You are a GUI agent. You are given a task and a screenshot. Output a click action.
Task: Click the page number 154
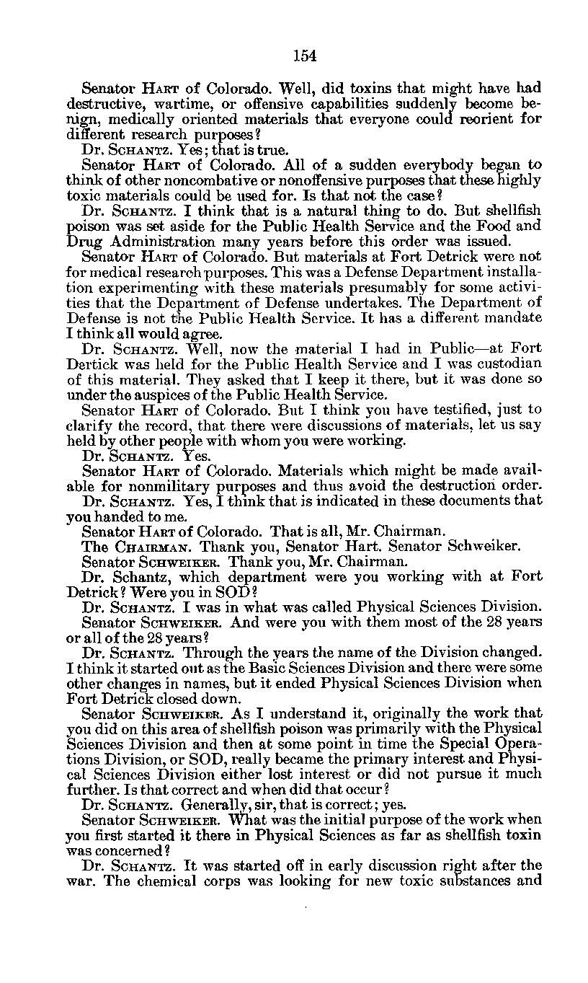[x=305, y=56]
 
